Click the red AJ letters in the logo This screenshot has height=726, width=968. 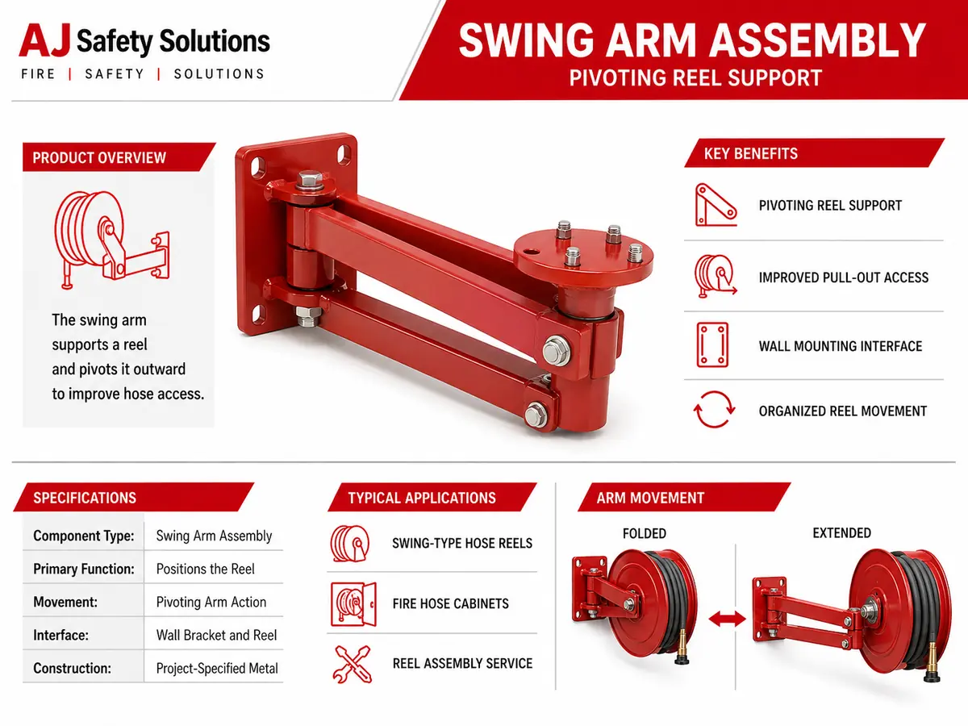pyautogui.click(x=44, y=40)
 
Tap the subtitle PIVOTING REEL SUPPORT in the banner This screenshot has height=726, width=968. pyautogui.click(x=695, y=78)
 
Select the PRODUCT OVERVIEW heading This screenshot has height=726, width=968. pyautogui.click(x=99, y=157)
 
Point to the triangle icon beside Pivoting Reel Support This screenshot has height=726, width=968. pyautogui.click(x=716, y=205)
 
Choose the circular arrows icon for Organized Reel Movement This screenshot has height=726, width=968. pyautogui.click(x=714, y=410)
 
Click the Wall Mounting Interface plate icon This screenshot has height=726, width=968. pyautogui.click(x=712, y=344)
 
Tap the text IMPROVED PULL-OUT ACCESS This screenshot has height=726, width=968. pyautogui.click(x=843, y=277)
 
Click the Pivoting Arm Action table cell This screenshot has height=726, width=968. pyautogui.click(x=211, y=602)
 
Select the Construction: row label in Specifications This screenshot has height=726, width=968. pyautogui.click(x=73, y=668)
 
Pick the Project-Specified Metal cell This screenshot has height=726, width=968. pyautogui.click(x=217, y=668)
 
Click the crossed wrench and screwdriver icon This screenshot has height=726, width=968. pyautogui.click(x=353, y=664)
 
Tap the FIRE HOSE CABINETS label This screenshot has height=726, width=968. pyautogui.click(x=451, y=603)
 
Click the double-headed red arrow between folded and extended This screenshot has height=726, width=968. pyautogui.click(x=728, y=620)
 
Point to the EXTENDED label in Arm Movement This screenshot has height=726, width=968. pyautogui.click(x=842, y=533)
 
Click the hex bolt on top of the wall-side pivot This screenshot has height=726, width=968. pyautogui.click(x=310, y=180)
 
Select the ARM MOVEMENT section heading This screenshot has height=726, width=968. pyautogui.click(x=650, y=498)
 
